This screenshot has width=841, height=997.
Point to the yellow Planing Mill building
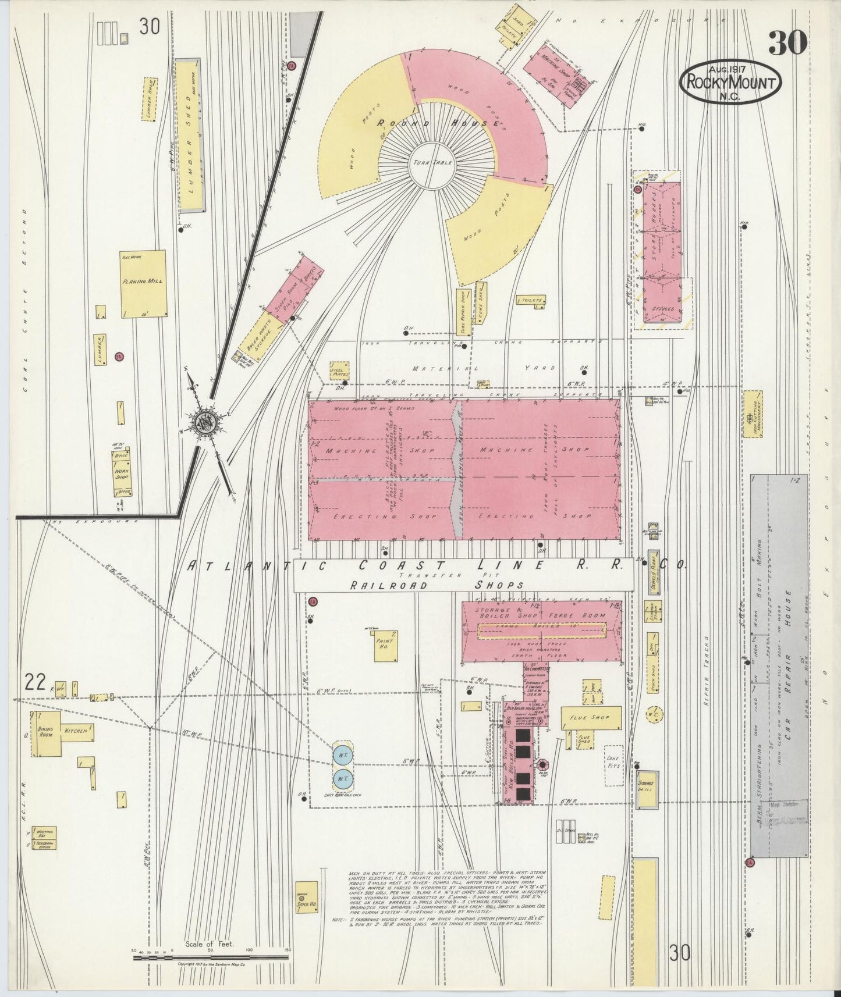[x=143, y=283]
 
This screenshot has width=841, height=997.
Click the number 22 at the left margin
[x=36, y=682]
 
